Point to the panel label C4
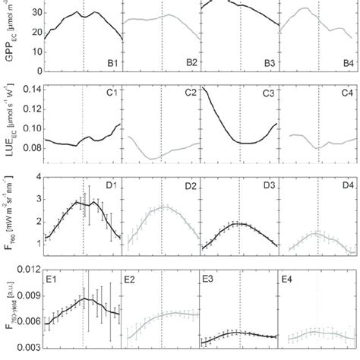tap(344, 93)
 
